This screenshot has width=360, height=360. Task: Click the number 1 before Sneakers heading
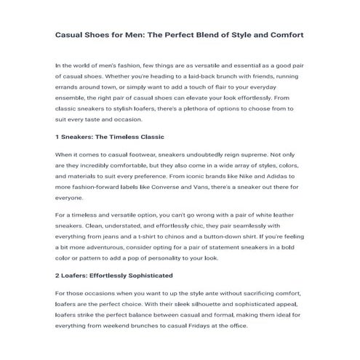(x=57, y=136)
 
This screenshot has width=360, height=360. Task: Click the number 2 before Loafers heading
(x=57, y=276)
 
